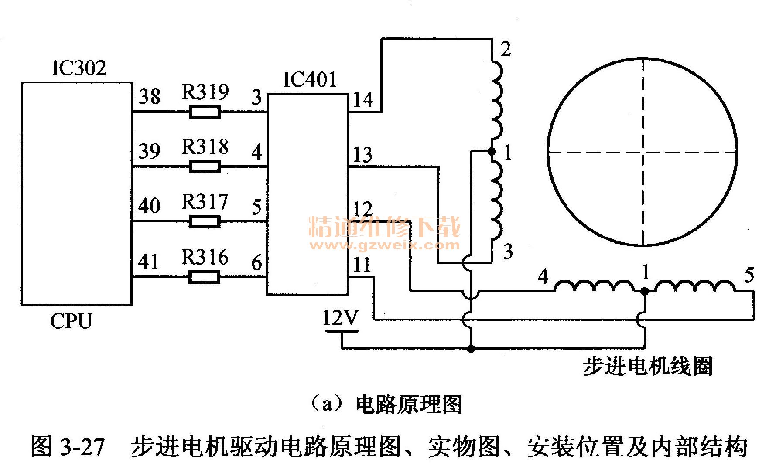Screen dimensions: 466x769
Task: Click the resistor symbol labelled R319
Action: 205,112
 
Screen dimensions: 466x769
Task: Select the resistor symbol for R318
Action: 205,167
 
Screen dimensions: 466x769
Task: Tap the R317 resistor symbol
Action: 205,222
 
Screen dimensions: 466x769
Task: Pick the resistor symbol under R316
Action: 205,277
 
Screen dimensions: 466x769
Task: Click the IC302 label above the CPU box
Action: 79,68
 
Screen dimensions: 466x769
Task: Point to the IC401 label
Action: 310,80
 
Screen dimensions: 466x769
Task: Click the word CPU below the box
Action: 71,322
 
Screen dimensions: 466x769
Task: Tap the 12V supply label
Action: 340,318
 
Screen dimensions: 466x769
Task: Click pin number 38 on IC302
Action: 150,97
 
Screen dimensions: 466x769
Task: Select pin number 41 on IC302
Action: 148,262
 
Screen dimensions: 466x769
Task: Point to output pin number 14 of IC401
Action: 363,100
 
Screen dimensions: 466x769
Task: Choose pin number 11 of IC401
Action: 362,265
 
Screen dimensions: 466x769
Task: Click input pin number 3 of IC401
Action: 257,97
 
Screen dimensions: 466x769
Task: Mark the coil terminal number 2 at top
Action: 506,50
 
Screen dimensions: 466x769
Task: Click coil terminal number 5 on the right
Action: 749,276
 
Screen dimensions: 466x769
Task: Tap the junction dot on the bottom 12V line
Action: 471,349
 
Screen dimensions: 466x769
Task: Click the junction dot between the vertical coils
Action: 492,151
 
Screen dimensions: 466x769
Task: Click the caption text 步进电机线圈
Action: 647,367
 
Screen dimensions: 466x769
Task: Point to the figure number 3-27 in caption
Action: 81,447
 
